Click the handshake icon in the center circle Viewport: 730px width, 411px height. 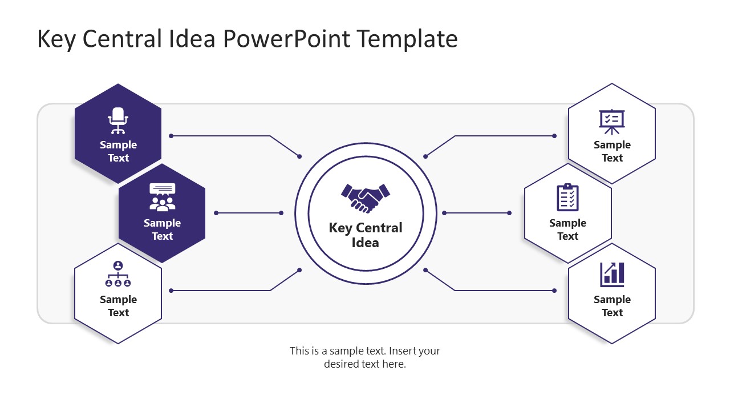tap(366, 198)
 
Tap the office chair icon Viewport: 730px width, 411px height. tap(118, 120)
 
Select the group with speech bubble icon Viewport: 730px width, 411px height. tap(163, 197)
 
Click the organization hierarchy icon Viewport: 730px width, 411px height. tap(118, 274)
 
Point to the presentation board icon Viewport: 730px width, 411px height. tap(612, 121)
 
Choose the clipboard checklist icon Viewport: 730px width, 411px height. tap(567, 198)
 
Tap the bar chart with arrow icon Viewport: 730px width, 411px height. tap(612, 275)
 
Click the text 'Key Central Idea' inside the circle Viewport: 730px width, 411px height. tap(366, 235)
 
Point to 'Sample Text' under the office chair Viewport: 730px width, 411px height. tap(118, 151)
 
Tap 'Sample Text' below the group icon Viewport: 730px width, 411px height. tap(163, 229)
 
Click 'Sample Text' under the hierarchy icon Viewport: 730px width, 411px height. tap(118, 306)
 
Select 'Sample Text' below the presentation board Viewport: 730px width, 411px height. tap(612, 151)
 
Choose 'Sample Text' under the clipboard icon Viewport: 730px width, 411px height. tap(567, 229)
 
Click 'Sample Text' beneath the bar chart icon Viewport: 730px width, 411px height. tap(612, 306)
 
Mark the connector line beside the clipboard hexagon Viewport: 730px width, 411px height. tap(477, 213)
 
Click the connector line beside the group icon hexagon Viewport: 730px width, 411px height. tap(249, 213)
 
